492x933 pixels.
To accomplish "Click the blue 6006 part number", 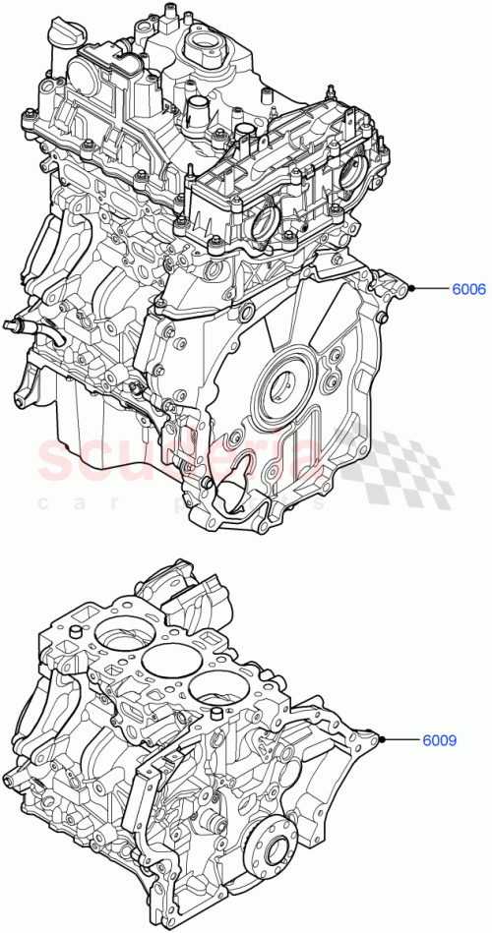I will click(468, 289).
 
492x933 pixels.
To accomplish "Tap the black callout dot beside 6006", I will click(414, 289).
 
